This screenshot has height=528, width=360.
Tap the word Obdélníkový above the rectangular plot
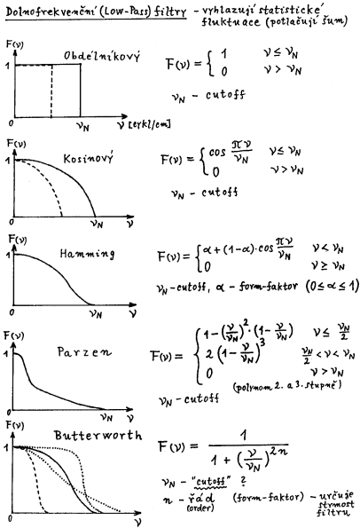click(x=102, y=56)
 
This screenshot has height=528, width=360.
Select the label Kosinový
click(x=89, y=158)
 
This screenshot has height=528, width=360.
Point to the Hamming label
click(x=87, y=254)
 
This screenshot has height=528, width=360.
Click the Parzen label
click(x=84, y=352)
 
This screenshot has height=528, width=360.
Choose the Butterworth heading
click(x=98, y=436)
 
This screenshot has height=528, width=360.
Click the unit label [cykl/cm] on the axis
click(x=149, y=124)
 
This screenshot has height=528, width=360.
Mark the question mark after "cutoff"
click(x=243, y=481)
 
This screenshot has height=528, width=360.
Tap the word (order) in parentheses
click(x=200, y=508)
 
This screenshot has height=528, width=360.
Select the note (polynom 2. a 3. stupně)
click(x=287, y=385)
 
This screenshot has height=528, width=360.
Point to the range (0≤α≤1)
click(x=332, y=287)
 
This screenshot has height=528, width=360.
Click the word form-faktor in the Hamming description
click(x=268, y=287)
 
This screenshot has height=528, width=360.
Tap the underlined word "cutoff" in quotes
click(x=211, y=481)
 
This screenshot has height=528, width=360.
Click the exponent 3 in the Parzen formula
click(x=262, y=343)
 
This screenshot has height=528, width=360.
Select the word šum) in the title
click(x=334, y=21)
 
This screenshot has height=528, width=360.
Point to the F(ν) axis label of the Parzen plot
click(x=13, y=335)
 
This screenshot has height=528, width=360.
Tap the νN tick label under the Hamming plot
click(x=95, y=313)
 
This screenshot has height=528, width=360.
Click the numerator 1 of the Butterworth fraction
click(x=244, y=436)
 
